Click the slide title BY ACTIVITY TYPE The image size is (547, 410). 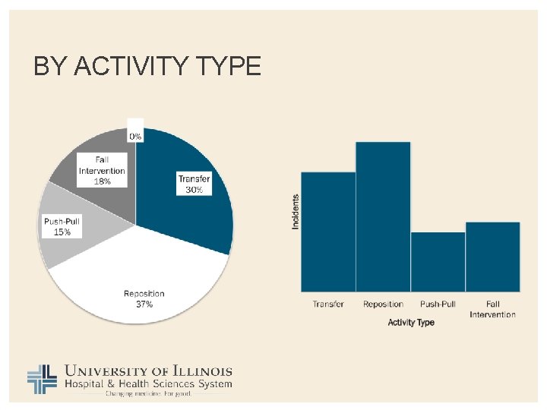click(x=147, y=67)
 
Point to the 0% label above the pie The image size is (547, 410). click(x=134, y=136)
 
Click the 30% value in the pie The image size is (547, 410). click(x=194, y=189)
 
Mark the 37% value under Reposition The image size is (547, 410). click(x=144, y=304)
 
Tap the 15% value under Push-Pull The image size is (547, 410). click(x=62, y=232)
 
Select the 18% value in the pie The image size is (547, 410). click(x=102, y=181)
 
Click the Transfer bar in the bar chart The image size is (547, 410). click(x=328, y=232)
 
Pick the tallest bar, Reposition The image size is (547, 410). click(x=383, y=216)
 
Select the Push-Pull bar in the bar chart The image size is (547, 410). click(x=438, y=262)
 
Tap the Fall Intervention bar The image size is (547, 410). click(x=492, y=257)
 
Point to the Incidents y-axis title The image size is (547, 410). click(x=296, y=212)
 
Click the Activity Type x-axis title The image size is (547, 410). click(x=411, y=323)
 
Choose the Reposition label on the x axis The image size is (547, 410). click(x=383, y=304)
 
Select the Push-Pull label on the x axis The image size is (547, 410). click(x=438, y=304)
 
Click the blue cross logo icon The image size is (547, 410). click(x=43, y=380)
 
